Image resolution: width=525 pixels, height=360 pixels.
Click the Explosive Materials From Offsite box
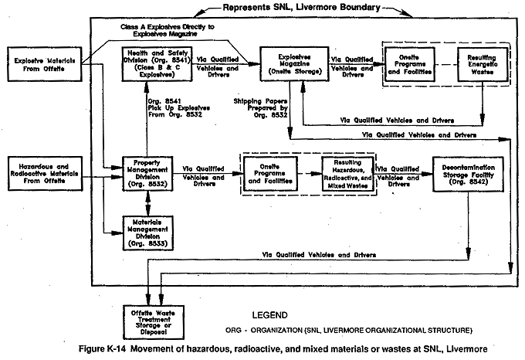pyautogui.click(x=45, y=64)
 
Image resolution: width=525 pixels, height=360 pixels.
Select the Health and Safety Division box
pyautogui.click(x=157, y=64)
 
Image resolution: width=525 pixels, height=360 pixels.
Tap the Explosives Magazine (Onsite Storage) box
pyautogui.click(x=294, y=64)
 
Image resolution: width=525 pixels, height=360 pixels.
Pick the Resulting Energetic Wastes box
pyautogui.click(x=483, y=64)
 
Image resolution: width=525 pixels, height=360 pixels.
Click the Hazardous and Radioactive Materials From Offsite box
pyautogui.click(x=45, y=174)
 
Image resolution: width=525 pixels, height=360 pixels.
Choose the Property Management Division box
pyautogui.click(x=147, y=174)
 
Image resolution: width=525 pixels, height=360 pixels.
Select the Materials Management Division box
pyautogui.click(x=148, y=233)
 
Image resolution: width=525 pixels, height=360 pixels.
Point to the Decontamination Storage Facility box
pyautogui.click(x=468, y=174)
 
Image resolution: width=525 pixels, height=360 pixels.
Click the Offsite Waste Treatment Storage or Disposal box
pyautogui.click(x=154, y=322)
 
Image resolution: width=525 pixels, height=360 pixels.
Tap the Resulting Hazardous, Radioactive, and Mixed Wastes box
pyautogui.click(x=347, y=174)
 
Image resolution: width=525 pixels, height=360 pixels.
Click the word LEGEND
pyautogui.click(x=270, y=315)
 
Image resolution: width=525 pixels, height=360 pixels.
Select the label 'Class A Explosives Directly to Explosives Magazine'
pyautogui.click(x=168, y=30)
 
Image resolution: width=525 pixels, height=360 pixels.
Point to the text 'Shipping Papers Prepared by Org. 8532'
pyautogui.click(x=260, y=108)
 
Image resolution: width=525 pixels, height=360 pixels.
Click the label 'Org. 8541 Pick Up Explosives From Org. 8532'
pyautogui.click(x=179, y=108)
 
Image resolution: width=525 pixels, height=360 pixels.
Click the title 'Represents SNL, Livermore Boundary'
pyautogui.click(x=301, y=8)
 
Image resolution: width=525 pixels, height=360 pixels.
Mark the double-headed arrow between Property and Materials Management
pyautogui.click(x=147, y=203)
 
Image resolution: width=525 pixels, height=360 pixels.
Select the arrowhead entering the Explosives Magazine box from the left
pyautogui.click(x=255, y=63)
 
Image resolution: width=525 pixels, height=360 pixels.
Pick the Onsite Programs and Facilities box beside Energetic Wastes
pyautogui.click(x=409, y=64)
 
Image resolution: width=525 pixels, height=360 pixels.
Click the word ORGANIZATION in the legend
pyautogui.click(x=276, y=331)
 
